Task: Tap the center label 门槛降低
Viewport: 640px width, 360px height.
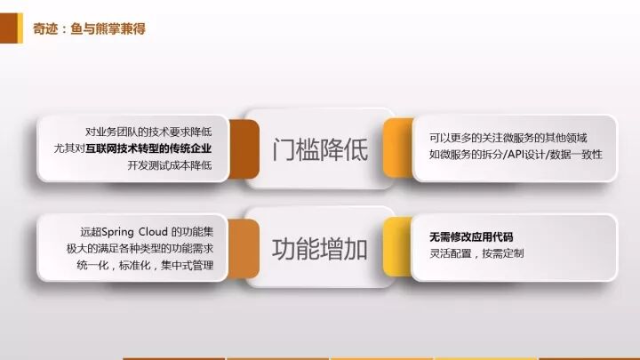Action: click(320, 149)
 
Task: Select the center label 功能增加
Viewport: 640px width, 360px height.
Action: click(320, 250)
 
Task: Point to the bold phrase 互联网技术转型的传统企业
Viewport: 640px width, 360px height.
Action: click(155, 148)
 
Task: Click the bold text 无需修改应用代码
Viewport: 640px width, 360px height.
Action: click(471, 237)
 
